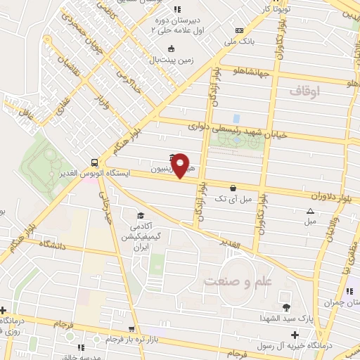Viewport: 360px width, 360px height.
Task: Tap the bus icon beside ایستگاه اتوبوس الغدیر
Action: pos(95,160)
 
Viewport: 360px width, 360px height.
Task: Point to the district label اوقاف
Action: pos(303,91)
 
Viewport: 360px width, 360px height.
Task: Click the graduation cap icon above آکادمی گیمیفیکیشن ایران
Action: pos(140,216)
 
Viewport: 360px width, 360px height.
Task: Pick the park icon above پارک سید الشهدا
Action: pos(286,307)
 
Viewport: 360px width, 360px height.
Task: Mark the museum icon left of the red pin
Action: pos(173,157)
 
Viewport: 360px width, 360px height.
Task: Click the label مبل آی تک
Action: pos(234,200)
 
